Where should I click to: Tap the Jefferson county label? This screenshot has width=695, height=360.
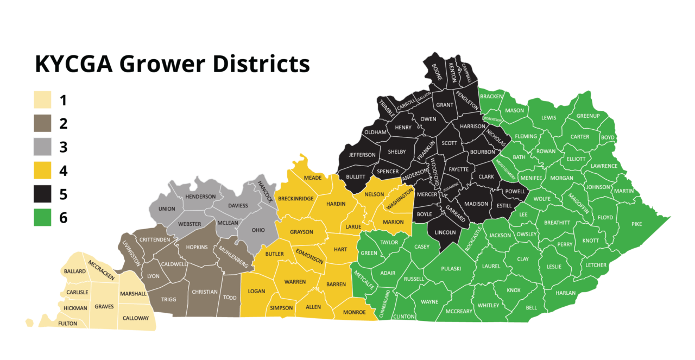pos(362,155)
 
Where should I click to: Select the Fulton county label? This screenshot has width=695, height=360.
pos(68,324)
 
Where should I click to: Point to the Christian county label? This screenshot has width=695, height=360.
pos(205,292)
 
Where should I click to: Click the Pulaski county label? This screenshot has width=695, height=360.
pos(451,268)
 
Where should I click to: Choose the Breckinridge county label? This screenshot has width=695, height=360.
pos(296,199)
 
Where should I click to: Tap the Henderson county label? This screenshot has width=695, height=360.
pos(200,197)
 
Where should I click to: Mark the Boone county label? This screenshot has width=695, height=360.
pos(437,72)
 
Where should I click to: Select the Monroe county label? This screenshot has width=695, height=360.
pos(354,312)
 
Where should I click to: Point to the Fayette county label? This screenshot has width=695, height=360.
pos(459,169)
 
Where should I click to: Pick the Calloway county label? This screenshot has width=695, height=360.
pos(135,318)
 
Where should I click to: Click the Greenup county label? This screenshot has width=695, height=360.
pos(588,116)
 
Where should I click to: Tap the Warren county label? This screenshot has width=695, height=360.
pos(295,282)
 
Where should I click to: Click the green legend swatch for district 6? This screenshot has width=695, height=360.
pos(42,217)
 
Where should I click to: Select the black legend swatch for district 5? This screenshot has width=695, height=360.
pos(42,194)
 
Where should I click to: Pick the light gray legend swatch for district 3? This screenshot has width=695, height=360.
pos(42,147)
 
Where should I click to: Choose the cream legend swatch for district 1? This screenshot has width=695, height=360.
pos(42,100)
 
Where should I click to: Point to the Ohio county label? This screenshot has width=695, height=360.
pos(258,230)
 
